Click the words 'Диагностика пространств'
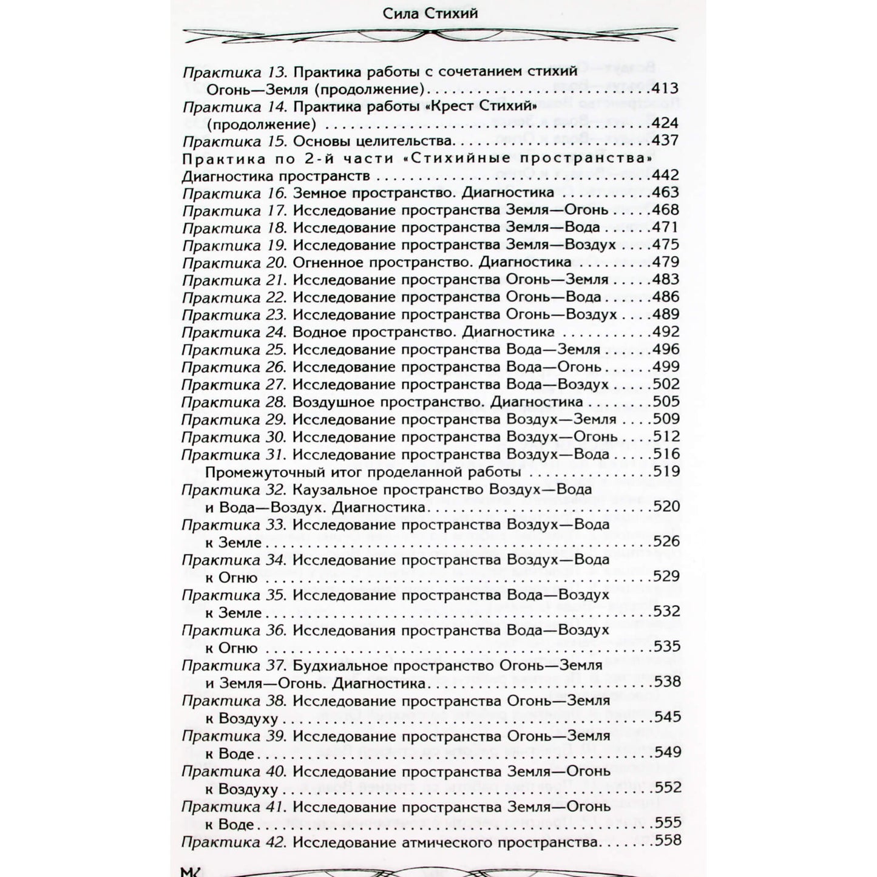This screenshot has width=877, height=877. pos(276,176)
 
